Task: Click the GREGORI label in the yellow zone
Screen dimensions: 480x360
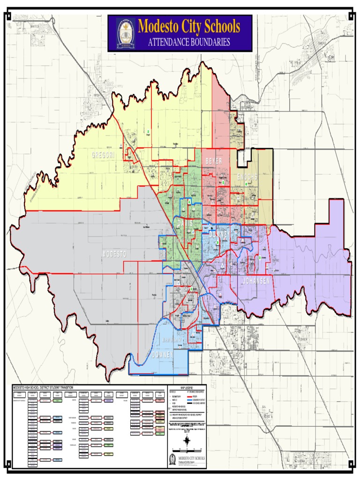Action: pos(103,155)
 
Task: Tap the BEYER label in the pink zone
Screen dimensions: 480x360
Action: pos(213,161)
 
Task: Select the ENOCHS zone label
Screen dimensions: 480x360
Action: pos(247,177)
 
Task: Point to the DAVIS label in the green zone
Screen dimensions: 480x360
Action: pos(185,224)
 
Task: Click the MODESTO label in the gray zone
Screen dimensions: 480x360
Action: pos(114,254)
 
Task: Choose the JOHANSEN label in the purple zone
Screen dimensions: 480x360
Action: pos(256,281)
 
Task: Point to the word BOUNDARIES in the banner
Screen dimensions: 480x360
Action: pos(210,42)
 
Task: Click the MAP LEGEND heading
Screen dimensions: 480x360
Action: pos(187,388)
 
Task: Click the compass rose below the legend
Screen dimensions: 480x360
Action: pos(187,440)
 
